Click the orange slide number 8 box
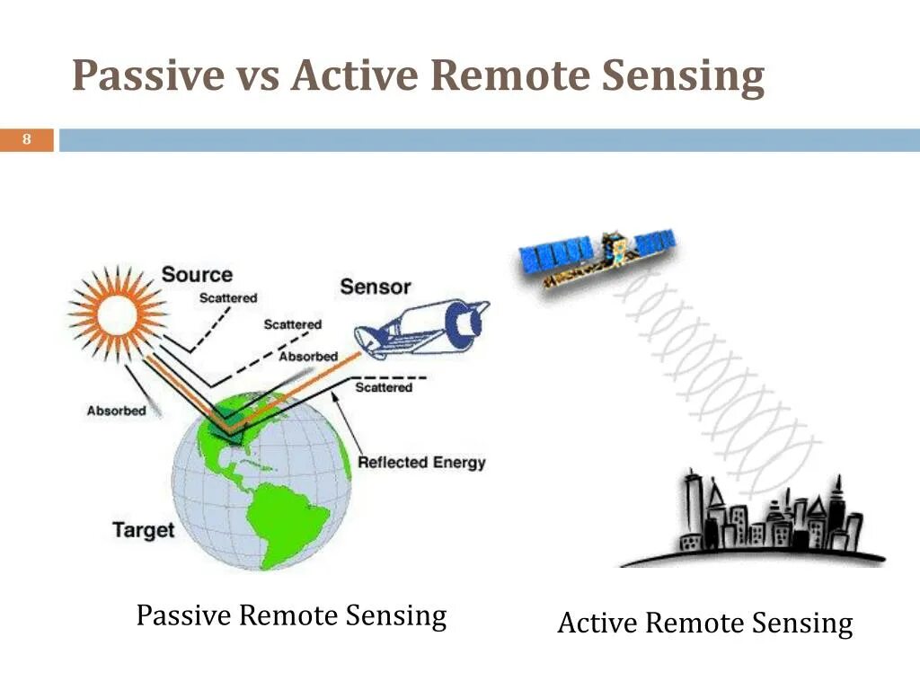pyautogui.click(x=27, y=140)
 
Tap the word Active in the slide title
pyautogui.click(x=351, y=75)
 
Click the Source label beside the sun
pyautogui.click(x=197, y=275)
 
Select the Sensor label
pyautogui.click(x=375, y=287)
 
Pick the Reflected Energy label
pyautogui.click(x=420, y=463)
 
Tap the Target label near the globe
pyautogui.click(x=144, y=529)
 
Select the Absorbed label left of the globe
pyautogui.click(x=116, y=411)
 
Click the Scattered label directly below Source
pyautogui.click(x=227, y=297)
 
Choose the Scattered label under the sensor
pyautogui.click(x=384, y=387)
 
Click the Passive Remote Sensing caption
pyautogui.click(x=291, y=616)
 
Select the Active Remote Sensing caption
pyautogui.click(x=704, y=624)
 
